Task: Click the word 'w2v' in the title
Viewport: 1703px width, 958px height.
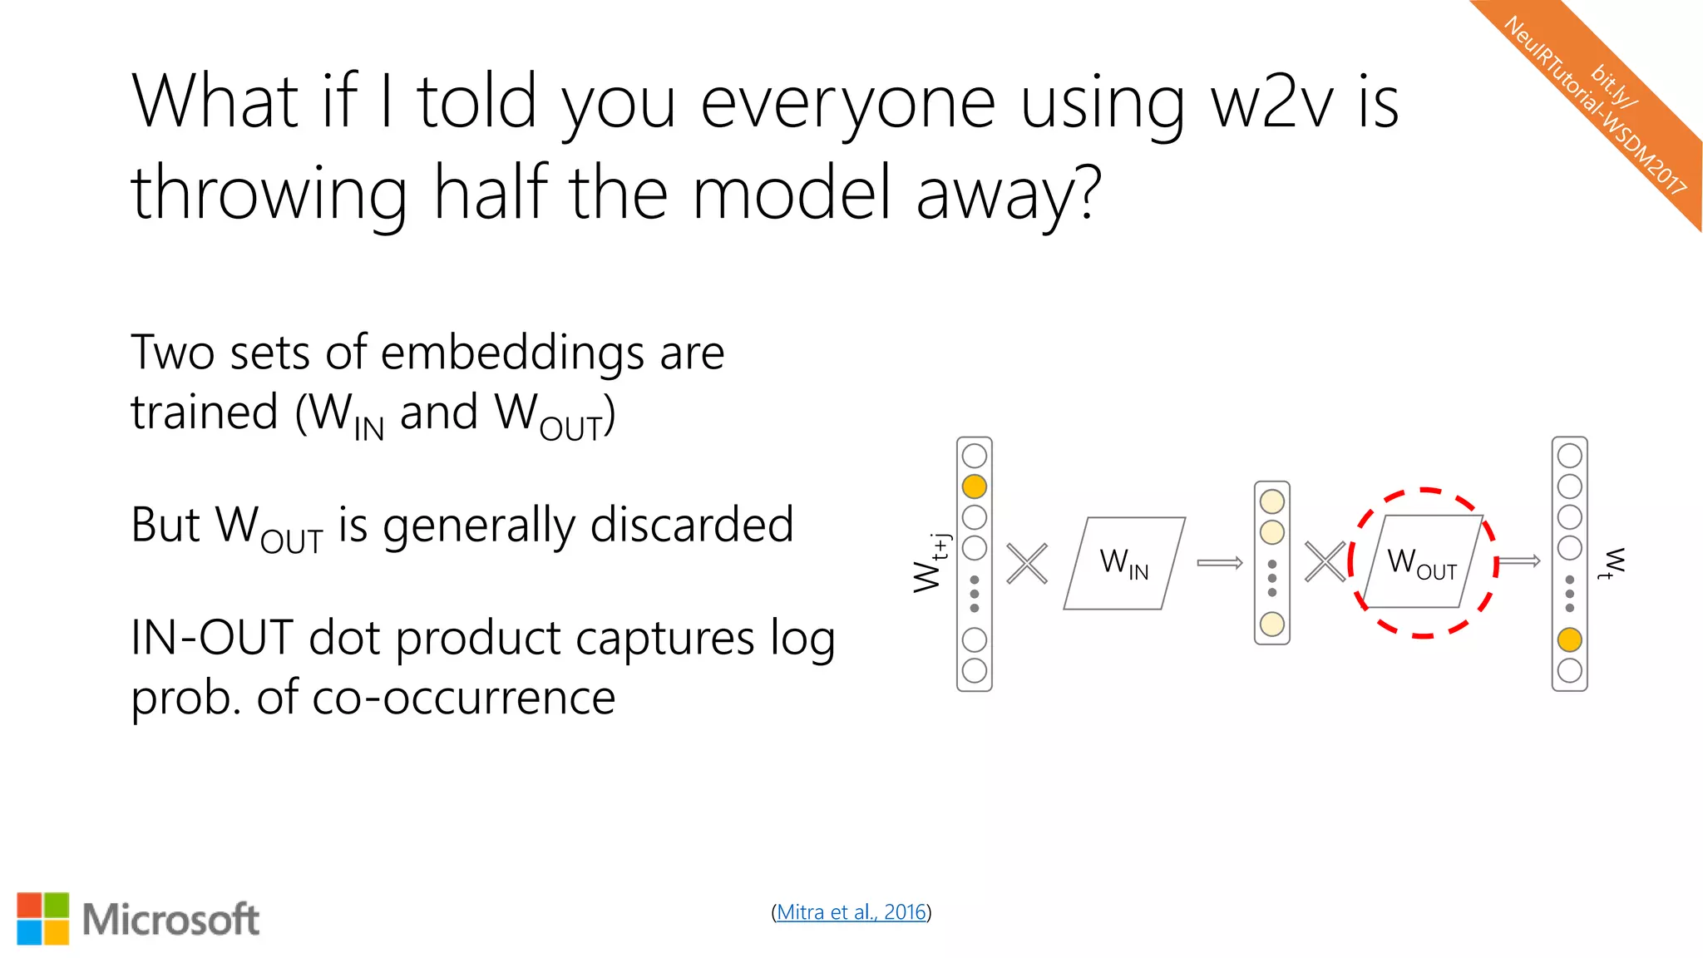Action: (1271, 102)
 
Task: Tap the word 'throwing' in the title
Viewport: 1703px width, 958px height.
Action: (269, 194)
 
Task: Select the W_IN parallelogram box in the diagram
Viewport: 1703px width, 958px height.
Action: (1124, 563)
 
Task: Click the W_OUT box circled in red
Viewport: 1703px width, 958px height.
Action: (1422, 562)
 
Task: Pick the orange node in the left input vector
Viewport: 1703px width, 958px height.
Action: (974, 486)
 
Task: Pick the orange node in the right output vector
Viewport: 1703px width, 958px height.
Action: (1569, 639)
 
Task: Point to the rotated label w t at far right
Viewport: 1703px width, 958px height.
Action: (1613, 563)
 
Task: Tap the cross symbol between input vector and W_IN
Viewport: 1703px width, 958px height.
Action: (1027, 564)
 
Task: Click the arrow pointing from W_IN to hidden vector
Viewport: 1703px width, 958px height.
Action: (1220, 563)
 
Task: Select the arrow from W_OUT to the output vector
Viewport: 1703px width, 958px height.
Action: (1519, 561)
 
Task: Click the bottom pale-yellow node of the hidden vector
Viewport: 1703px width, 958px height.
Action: (1271, 624)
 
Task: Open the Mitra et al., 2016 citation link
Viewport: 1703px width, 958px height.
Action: (851, 912)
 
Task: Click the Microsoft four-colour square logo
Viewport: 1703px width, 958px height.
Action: (43, 919)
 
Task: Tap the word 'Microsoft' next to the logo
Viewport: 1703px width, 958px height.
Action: (170, 920)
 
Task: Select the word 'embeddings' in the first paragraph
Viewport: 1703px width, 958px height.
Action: (511, 353)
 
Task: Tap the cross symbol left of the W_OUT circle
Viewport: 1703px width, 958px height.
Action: (1325, 562)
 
